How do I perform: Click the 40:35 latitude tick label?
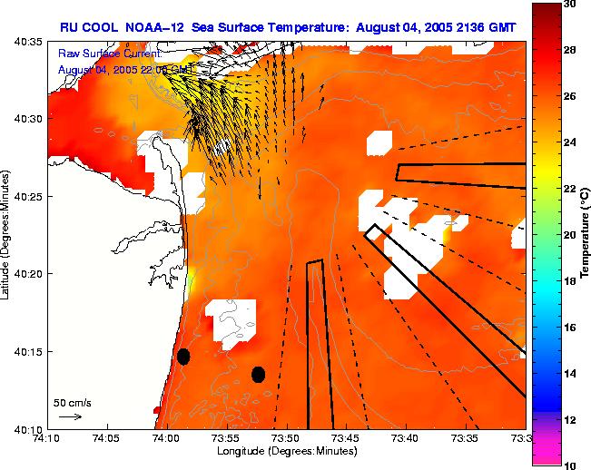click(28, 42)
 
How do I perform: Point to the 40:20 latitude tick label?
click(28, 273)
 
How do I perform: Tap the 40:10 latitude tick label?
click(28, 428)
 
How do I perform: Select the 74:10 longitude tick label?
click(46, 438)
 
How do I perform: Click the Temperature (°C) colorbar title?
click(586, 235)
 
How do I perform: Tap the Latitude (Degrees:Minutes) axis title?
click(7, 235)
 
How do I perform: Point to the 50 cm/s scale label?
click(72, 402)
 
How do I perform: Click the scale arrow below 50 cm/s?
click(70, 416)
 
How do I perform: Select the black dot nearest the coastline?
click(183, 357)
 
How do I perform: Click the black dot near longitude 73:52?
click(258, 374)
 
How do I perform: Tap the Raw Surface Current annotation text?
click(109, 54)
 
